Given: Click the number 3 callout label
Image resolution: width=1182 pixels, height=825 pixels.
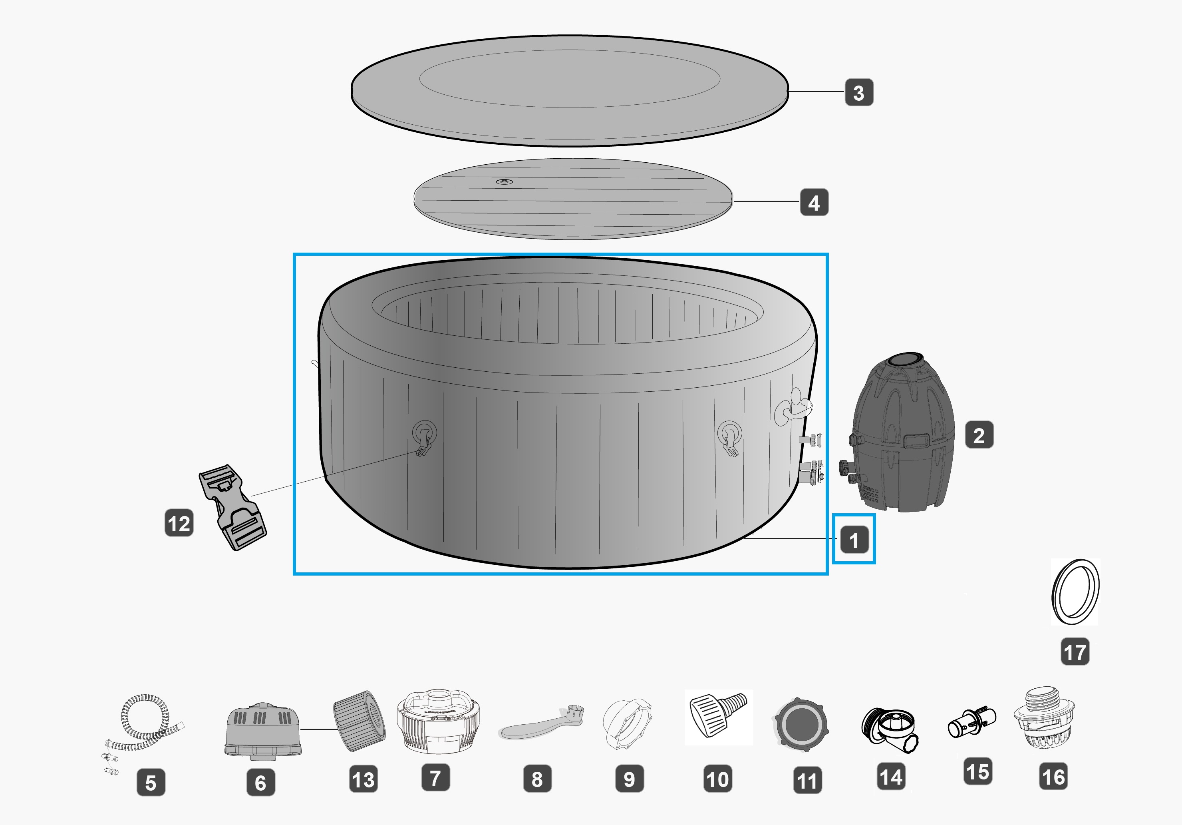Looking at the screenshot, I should coord(859,93).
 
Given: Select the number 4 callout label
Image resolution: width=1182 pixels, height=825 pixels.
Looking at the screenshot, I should coord(814,202).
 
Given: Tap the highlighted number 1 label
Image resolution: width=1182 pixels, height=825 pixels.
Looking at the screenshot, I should coord(854,540).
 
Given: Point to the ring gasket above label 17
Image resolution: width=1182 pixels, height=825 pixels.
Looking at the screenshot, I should coord(1075,592).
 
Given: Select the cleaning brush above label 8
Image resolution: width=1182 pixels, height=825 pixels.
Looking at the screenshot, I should coord(540,723).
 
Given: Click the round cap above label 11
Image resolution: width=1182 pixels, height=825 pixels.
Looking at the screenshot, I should coord(801,725).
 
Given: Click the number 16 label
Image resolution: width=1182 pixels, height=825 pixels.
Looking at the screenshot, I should coord(1053,777).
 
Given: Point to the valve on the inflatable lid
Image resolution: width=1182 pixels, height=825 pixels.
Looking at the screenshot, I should coord(505,182).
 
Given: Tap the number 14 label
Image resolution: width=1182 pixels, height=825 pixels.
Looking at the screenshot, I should coord(891,777).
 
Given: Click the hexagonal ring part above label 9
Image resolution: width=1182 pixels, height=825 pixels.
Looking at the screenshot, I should coord(628,723).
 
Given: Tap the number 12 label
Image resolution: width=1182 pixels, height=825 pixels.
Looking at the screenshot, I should coord(179,523).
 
